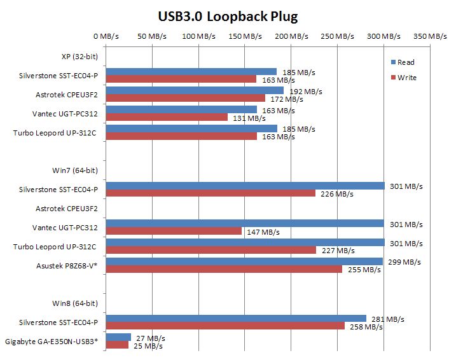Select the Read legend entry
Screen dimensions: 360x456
406,62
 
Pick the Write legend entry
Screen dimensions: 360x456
406,78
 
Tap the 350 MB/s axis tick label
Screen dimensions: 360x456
430,37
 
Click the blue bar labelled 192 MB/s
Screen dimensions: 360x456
195,90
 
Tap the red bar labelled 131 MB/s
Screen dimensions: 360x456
167,117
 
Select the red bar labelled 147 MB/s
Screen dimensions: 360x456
174,232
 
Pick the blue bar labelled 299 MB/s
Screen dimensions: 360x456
244,261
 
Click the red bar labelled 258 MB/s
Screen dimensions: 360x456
225,326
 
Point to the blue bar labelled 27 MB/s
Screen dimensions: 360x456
118,337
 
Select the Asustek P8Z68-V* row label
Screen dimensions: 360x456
69,265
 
